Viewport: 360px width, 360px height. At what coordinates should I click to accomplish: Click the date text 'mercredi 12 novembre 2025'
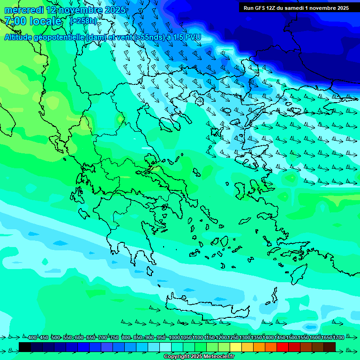coord(65,10)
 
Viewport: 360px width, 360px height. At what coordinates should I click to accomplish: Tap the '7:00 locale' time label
coord(33,21)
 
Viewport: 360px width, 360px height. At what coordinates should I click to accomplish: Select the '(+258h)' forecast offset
coord(83,21)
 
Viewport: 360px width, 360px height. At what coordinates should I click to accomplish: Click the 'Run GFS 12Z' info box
coord(296,7)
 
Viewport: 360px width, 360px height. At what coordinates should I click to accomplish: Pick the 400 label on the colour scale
coord(32,337)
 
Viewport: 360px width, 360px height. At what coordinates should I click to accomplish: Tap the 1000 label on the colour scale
coord(174,337)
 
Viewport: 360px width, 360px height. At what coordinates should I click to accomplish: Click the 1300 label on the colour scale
coord(245,337)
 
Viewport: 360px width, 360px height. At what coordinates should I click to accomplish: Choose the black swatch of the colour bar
coord(25,347)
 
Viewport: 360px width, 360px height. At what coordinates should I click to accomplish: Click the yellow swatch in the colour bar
coord(235,347)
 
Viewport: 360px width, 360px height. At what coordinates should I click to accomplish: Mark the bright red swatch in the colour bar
coord(282,347)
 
